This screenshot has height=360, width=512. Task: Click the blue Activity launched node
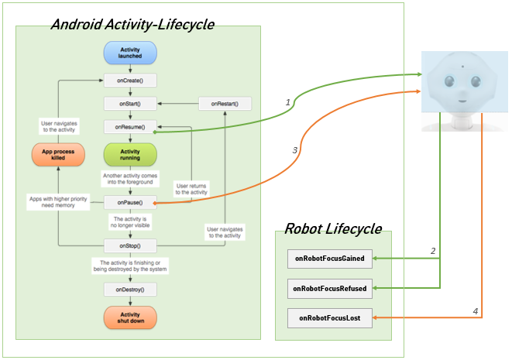pos(130,53)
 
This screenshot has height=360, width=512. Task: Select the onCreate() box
pos(130,80)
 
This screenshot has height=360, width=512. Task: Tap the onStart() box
pos(130,103)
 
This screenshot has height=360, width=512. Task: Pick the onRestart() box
pos(225,103)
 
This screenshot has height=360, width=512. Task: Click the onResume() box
pos(130,126)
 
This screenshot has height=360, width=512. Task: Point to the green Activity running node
pos(130,154)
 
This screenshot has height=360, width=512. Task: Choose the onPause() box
pos(130,202)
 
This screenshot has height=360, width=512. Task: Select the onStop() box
pos(130,246)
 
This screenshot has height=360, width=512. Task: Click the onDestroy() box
pos(130,290)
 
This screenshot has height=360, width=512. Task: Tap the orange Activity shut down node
pos(130,317)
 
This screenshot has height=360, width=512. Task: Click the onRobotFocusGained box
pos(329,257)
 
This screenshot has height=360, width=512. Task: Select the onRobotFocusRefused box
pos(329,288)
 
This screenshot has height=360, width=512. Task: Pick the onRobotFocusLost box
pos(329,317)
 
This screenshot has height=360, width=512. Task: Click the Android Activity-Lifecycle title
pos(132,25)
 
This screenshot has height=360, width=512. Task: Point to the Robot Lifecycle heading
pos(332,228)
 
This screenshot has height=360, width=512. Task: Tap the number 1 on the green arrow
pos(287,102)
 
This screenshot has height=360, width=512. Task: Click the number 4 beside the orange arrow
pos(476,311)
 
